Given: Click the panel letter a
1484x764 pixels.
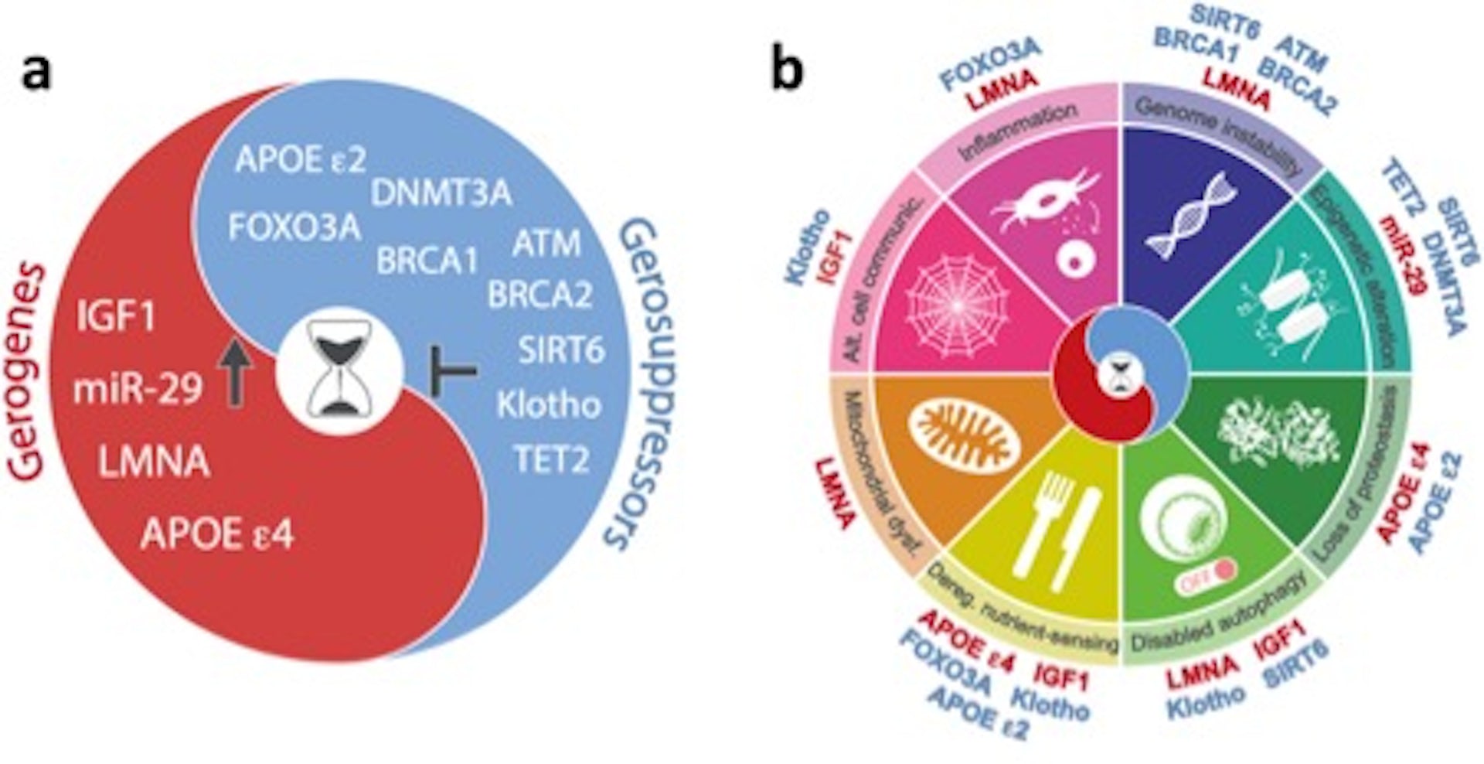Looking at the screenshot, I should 36,73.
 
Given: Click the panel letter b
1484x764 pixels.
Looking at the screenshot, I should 787,71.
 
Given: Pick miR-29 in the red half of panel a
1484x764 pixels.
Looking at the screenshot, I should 138,389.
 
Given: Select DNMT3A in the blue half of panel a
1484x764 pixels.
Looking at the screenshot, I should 441,193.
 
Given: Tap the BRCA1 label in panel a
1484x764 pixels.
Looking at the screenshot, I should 427,261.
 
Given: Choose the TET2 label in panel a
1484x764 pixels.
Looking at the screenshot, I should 551,460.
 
